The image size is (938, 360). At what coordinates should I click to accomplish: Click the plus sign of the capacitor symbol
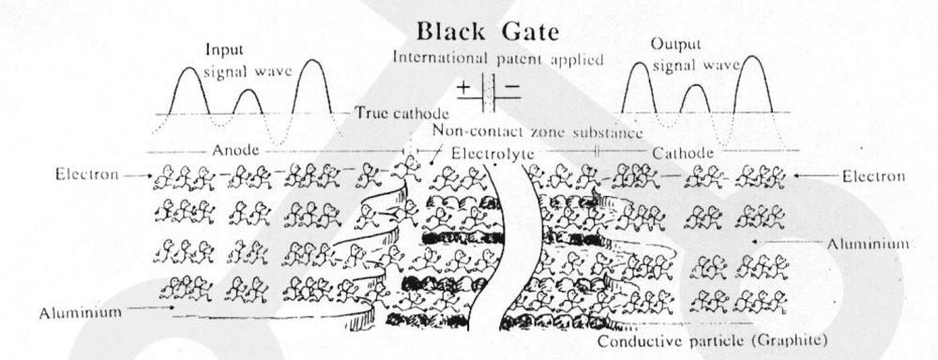point(465,91)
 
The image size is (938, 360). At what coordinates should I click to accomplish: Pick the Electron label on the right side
point(872,174)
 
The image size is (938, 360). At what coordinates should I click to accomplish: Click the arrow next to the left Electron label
point(133,174)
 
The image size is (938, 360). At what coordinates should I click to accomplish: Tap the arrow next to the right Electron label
point(819,174)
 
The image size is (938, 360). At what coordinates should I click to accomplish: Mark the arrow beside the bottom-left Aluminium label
point(150,306)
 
